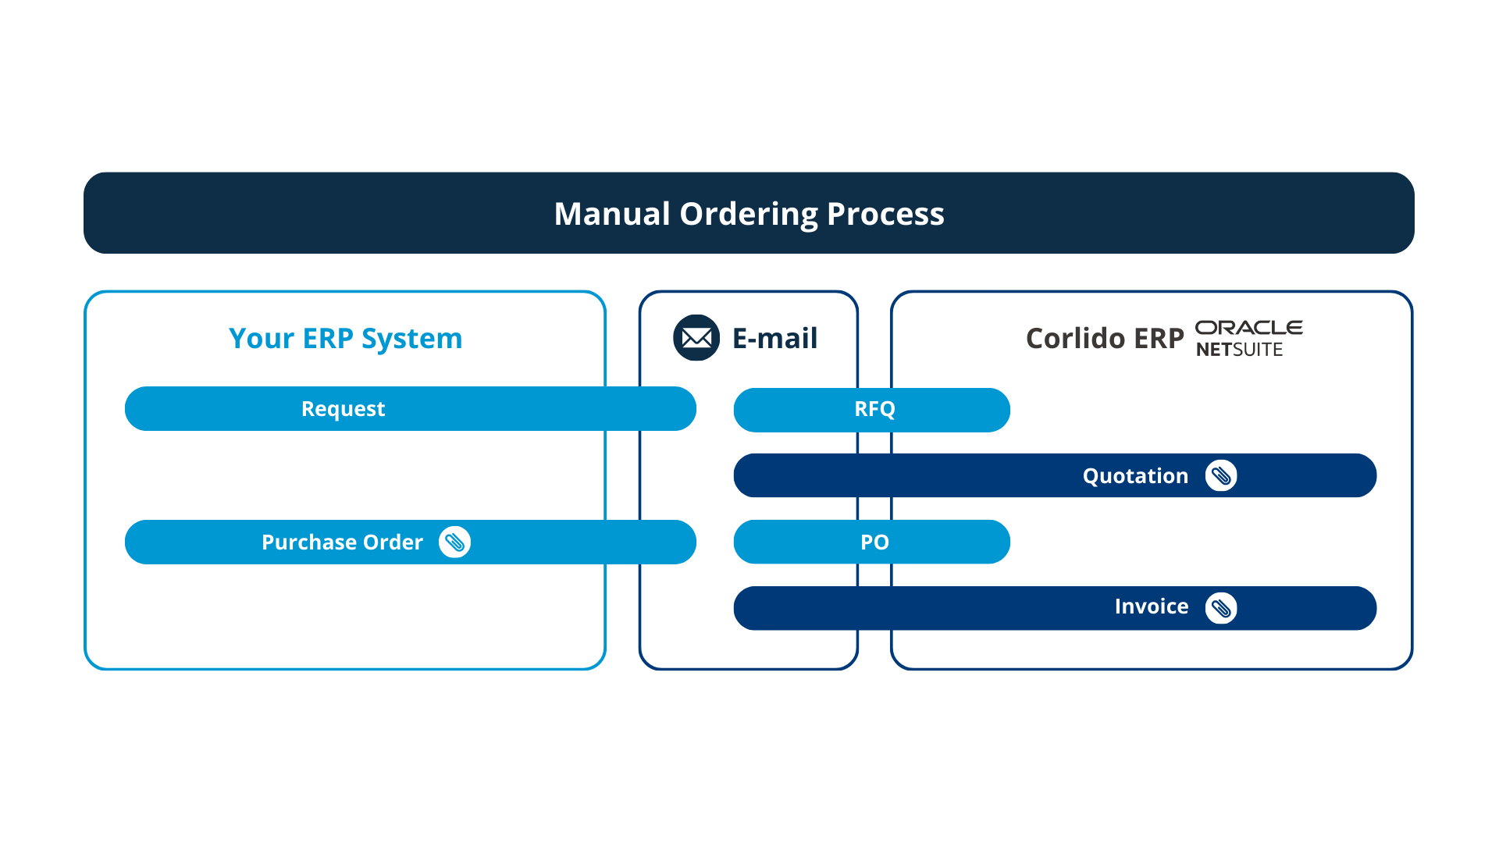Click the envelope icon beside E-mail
pos(696,338)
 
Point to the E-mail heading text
pos(774,338)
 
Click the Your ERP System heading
pos(345,339)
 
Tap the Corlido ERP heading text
pos(1105,338)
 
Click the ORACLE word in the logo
pos(1248,328)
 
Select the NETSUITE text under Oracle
pos(1239,350)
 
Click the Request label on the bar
pos(343,409)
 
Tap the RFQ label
pos(874,409)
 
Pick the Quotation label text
pos(1135,476)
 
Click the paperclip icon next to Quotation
pos(1221,476)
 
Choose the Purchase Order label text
pos(342,542)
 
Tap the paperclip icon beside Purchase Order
pos(454,542)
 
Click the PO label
pos(874,542)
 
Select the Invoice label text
pos(1151,606)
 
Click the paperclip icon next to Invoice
pos(1221,608)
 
